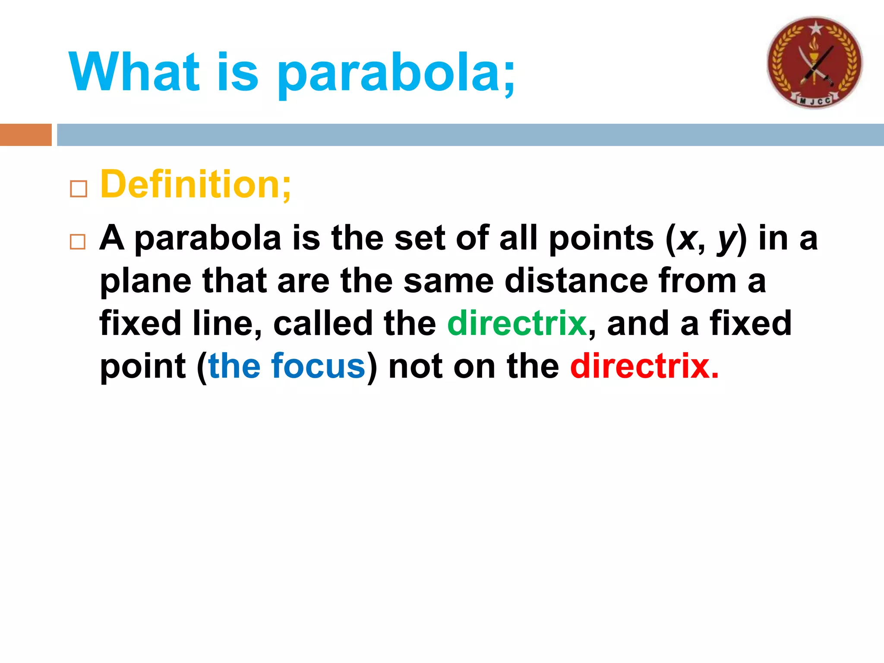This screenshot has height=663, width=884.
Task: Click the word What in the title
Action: tap(134, 72)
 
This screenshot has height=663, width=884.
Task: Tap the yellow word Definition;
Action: tap(196, 185)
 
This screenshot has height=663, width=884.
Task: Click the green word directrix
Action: tap(517, 323)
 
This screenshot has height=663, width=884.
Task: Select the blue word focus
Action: tap(318, 366)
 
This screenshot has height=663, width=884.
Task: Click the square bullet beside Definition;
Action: tap(78, 189)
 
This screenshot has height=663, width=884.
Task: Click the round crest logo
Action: tap(815, 63)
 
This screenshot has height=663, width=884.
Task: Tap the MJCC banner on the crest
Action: tap(815, 101)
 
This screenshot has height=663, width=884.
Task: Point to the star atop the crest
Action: tap(815, 28)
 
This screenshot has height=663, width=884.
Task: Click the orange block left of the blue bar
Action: tap(25, 135)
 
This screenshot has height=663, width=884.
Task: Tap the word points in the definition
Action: tap(601, 239)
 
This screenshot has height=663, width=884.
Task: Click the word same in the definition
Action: tap(448, 281)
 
